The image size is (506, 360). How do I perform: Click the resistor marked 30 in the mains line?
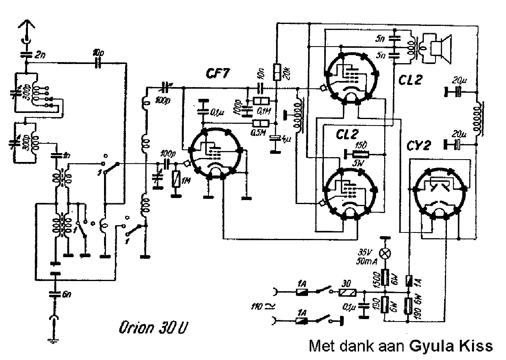click(x=348, y=292)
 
